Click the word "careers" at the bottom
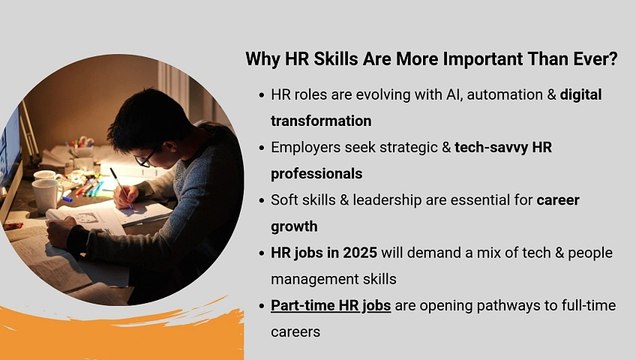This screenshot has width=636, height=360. (x=296, y=331)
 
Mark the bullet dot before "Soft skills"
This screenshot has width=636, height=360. (x=258, y=200)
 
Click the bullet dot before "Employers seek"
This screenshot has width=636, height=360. (x=258, y=147)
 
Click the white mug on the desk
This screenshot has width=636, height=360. (x=45, y=193)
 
